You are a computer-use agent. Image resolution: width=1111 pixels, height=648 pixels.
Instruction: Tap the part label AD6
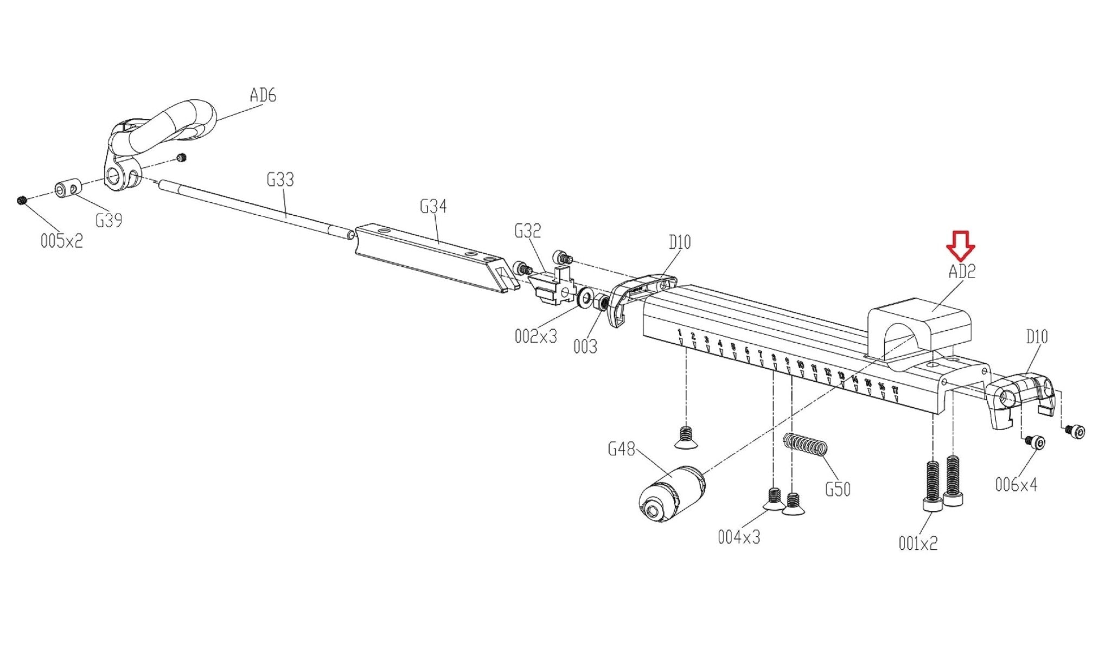pyautogui.click(x=263, y=95)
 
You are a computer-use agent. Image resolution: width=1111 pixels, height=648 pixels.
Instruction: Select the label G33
pyautogui.click(x=280, y=179)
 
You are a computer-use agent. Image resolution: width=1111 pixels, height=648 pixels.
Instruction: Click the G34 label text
pyautogui.click(x=433, y=207)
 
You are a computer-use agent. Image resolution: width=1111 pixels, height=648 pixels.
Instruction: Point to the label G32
pyautogui.click(x=527, y=232)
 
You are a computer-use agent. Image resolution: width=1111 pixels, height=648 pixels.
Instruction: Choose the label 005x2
pyautogui.click(x=62, y=241)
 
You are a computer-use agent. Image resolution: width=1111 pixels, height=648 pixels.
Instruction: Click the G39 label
pyautogui.click(x=108, y=221)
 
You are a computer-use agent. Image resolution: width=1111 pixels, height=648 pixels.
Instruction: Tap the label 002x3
pyautogui.click(x=535, y=337)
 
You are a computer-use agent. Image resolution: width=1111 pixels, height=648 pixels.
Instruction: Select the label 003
pyautogui.click(x=585, y=347)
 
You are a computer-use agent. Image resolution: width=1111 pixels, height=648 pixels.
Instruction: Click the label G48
pyautogui.click(x=621, y=449)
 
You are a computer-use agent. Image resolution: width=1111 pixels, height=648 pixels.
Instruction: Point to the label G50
pyautogui.click(x=838, y=490)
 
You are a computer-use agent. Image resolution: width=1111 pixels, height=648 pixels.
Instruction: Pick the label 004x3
pyautogui.click(x=739, y=537)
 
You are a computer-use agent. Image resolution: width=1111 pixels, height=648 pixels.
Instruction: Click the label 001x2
pyautogui.click(x=918, y=543)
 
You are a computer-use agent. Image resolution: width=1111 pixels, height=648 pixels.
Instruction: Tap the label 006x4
pyautogui.click(x=1016, y=485)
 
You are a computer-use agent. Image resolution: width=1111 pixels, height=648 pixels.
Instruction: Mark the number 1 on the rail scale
pyautogui.click(x=680, y=332)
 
